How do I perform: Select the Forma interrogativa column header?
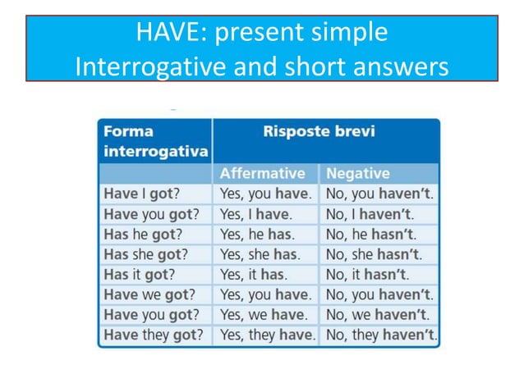154,141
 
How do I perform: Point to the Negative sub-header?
358,174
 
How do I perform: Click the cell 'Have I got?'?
142,194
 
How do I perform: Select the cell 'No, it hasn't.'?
367,275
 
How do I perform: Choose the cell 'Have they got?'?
154,335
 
